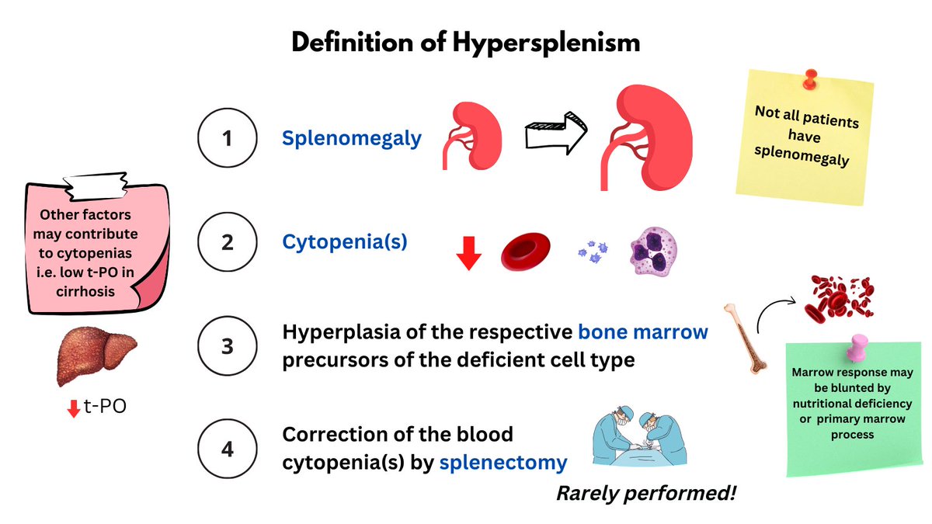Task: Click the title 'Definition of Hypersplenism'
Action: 466,42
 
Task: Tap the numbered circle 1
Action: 228,139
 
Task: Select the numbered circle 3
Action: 228,346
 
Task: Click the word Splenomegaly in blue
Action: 352,139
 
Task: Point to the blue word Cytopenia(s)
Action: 344,242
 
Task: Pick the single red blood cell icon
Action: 525,249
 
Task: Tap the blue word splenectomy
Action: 503,463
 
